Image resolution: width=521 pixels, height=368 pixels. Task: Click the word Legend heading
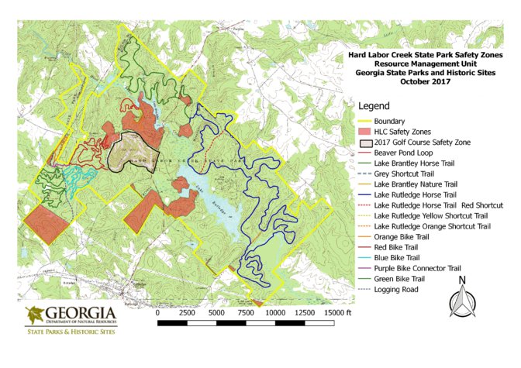tap(374, 106)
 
